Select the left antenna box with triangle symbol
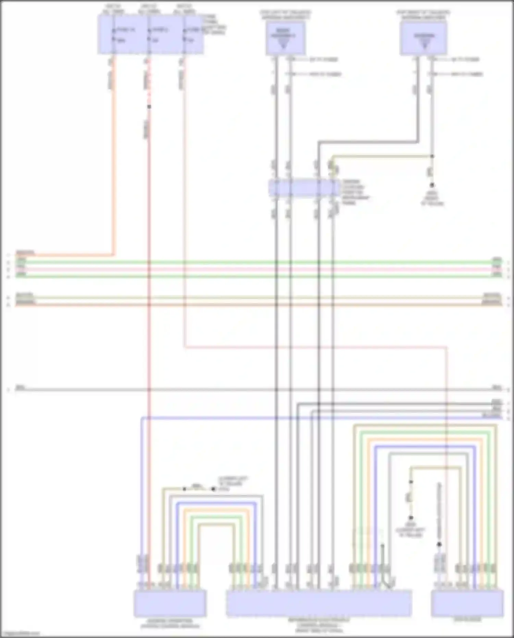click(x=285, y=38)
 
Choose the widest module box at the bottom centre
click(x=319, y=603)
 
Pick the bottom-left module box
click(x=170, y=603)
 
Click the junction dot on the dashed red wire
click(x=149, y=107)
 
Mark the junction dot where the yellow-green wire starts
click(x=432, y=156)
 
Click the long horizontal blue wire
click(x=308, y=418)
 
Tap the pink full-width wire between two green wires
click(x=257, y=269)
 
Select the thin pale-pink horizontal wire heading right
click(x=308, y=347)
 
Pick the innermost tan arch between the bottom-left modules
click(x=216, y=525)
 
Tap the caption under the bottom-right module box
click(x=467, y=620)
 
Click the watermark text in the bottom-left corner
click(x=20, y=634)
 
